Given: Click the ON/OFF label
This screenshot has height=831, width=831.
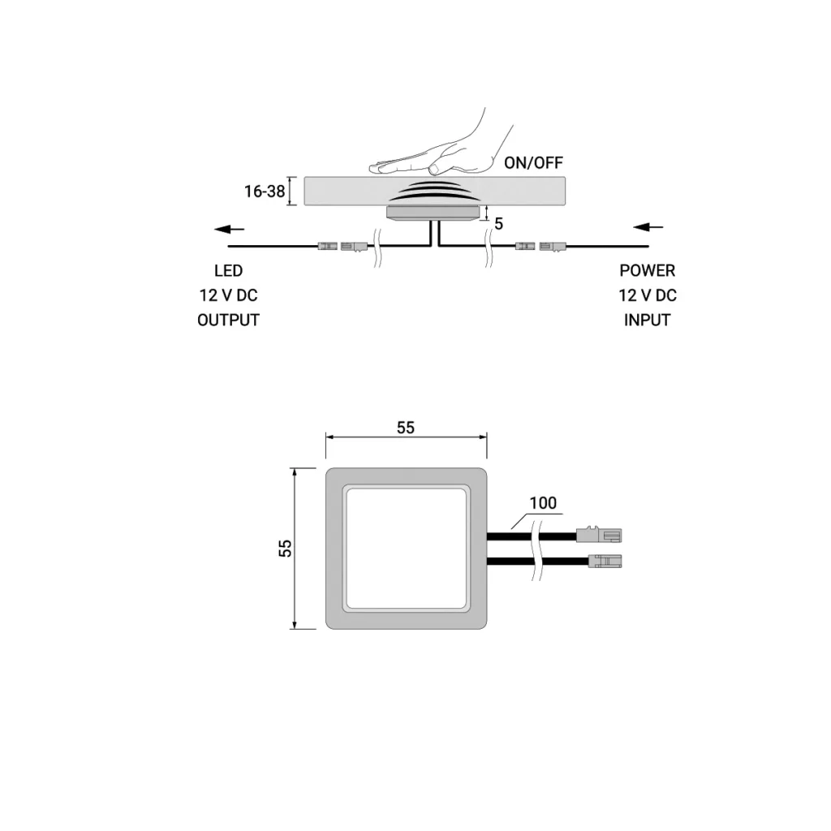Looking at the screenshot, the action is click(533, 162).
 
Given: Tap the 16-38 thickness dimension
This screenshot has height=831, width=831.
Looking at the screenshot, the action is click(265, 192).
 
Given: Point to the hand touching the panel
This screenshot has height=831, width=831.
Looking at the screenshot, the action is click(441, 148).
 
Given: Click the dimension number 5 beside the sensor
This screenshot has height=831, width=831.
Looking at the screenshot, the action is click(499, 224).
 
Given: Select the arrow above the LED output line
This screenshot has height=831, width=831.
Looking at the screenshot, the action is click(229, 229).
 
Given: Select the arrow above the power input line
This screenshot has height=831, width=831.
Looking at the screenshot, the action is click(648, 227).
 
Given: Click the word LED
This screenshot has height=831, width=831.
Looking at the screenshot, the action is click(228, 271).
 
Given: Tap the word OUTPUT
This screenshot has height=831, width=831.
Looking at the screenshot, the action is click(228, 320).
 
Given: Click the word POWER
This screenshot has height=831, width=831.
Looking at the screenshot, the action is click(647, 271).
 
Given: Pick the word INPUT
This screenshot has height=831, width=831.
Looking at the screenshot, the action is click(647, 320).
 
